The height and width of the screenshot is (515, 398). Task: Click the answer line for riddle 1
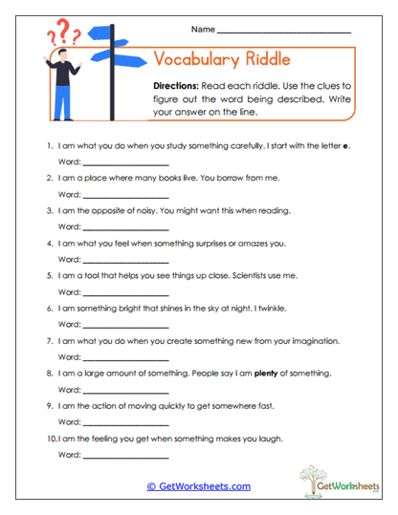tap(126, 163)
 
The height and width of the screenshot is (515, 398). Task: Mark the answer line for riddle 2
tap(126, 195)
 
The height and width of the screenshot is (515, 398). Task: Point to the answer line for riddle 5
tap(126, 292)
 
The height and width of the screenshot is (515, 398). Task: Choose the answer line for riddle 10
tap(126, 454)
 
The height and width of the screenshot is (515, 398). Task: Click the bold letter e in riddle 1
tap(346, 146)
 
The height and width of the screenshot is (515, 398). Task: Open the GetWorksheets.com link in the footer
tap(198, 486)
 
